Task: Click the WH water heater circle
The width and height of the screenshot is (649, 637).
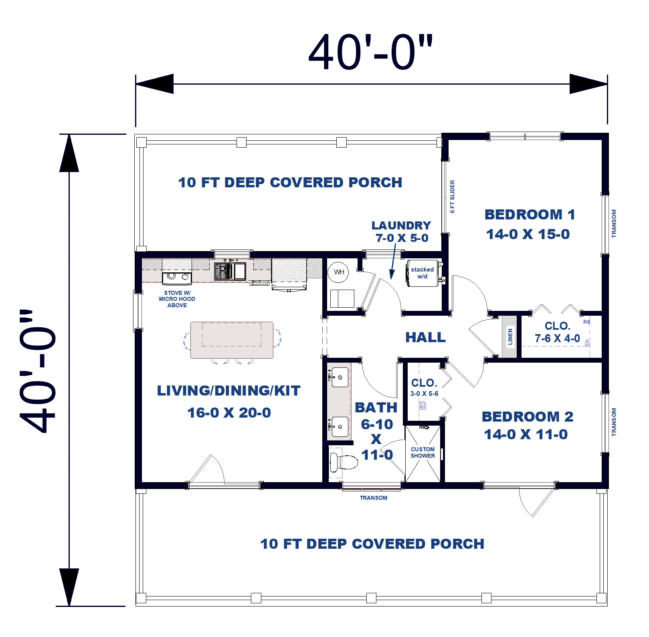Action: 339,272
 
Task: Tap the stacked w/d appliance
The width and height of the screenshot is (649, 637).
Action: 422,273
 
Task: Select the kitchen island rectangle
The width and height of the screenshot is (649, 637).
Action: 232,340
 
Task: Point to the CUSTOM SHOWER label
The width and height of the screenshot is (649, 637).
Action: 423,452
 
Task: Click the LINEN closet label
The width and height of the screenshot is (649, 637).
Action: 510,337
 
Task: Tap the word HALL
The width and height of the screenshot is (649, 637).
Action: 425,337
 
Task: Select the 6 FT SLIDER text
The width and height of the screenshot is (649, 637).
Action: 452,197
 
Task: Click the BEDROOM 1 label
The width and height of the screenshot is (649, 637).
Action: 530,215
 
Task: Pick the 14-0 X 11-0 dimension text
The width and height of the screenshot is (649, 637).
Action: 526,434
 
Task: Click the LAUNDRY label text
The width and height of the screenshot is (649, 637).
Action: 401,225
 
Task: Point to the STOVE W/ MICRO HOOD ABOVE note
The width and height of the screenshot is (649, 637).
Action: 177,299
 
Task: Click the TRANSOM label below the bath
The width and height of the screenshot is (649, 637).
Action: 373,498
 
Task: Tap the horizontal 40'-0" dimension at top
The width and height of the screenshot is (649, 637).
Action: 370,53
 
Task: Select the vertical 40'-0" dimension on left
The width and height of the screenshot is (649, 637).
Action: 38,371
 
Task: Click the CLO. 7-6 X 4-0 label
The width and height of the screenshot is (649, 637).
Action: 557,332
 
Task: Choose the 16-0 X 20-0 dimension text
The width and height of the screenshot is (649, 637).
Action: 229,413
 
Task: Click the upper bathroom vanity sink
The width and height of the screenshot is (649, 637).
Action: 340,377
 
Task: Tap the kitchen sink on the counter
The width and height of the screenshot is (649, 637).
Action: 223,271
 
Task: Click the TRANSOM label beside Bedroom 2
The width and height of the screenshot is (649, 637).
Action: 614,422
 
